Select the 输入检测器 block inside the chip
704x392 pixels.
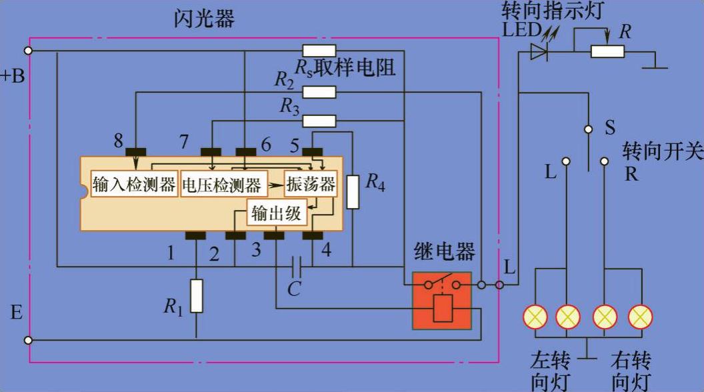134,185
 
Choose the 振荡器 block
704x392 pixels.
310,184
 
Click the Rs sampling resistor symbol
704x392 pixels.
319,51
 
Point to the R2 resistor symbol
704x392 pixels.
319,92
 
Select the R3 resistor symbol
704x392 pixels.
319,121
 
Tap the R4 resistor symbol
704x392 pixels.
352,192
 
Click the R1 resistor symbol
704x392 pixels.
196,297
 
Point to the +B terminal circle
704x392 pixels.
28,51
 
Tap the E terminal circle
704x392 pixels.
28,340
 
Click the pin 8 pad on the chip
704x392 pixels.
136,151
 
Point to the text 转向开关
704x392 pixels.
663,151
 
